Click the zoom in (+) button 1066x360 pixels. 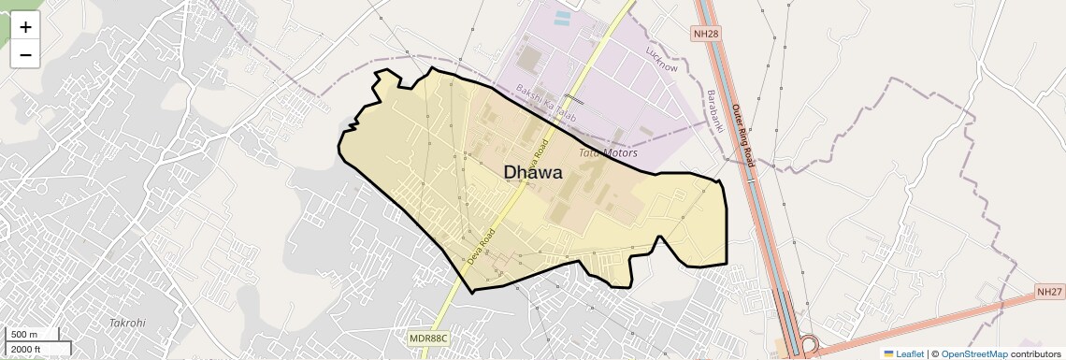[x=25, y=27]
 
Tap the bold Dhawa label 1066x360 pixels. [x=533, y=172]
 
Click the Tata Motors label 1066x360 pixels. [x=608, y=152]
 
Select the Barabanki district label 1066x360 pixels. [x=715, y=111]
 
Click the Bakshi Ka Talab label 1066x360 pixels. [x=547, y=103]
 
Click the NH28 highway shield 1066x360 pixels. [x=707, y=34]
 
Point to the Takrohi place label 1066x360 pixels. [x=127, y=322]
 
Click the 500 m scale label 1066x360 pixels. [x=23, y=335]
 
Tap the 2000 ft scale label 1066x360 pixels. [x=26, y=349]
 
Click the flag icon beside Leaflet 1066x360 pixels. [x=889, y=353]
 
